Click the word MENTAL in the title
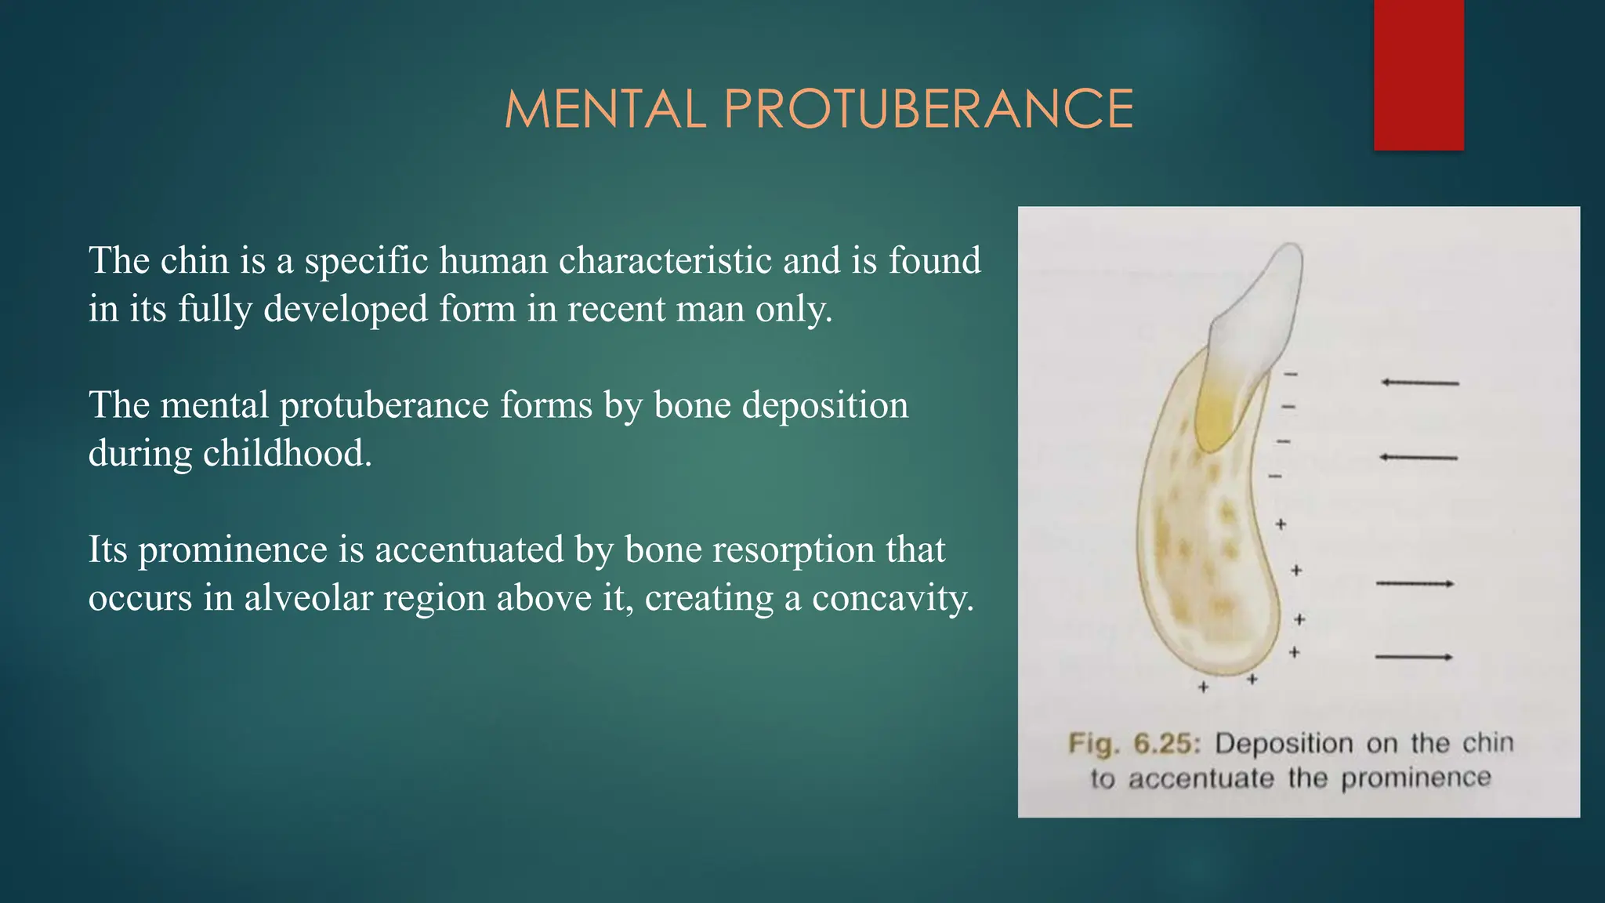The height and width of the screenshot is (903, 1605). point(605,109)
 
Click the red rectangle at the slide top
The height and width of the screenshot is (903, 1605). point(1418,74)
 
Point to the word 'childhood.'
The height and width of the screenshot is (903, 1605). point(287,453)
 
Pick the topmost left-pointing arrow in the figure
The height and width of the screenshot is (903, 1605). point(1419,383)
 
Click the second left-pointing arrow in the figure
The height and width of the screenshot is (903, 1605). point(1418,457)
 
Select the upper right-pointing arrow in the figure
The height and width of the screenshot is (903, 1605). point(1415,583)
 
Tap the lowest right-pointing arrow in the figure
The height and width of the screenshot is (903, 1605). point(1414,657)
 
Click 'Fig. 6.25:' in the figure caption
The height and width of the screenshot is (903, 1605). point(1134,743)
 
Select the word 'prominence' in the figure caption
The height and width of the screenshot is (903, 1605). point(1415,778)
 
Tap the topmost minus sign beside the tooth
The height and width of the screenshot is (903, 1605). point(1291,375)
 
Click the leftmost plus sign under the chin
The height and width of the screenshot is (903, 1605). point(1203,687)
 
